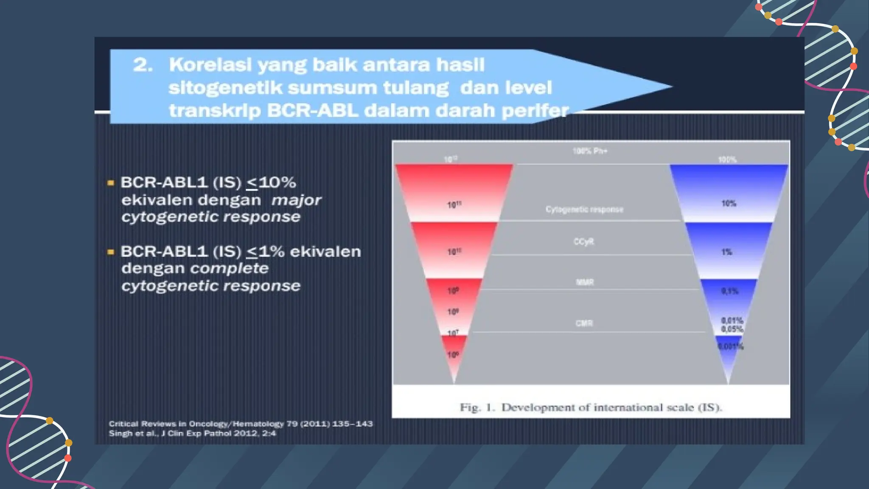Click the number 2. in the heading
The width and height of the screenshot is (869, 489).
pos(143,65)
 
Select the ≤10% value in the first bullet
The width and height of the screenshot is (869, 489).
pos(271,183)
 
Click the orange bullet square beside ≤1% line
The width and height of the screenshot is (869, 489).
pos(111,252)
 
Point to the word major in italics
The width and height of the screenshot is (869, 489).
pos(296,200)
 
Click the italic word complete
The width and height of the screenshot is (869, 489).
pos(229,269)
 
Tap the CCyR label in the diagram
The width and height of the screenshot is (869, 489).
pos(584,242)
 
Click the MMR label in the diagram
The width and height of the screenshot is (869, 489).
pos(585,282)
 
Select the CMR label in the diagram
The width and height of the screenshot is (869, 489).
pos(584,323)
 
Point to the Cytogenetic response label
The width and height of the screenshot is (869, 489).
pos(584,209)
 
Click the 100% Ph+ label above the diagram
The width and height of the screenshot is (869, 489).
pos(590,151)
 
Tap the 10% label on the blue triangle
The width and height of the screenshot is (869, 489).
pos(729,204)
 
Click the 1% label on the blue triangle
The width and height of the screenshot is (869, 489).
pos(727,252)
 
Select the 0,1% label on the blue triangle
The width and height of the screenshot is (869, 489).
pos(730,291)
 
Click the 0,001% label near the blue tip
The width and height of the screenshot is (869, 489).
pos(730,347)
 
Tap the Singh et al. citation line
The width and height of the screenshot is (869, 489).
pos(192,433)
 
